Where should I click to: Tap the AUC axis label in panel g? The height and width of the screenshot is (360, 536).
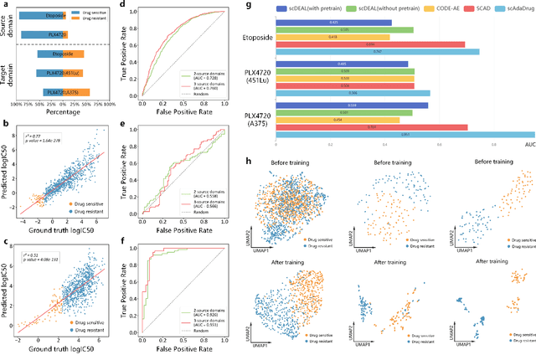point(528,145)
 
